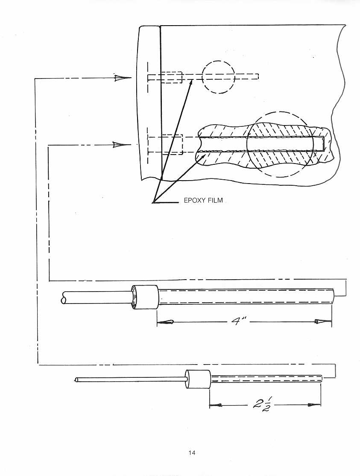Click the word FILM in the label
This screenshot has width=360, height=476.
pos(215,200)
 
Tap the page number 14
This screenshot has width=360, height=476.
pos(192,453)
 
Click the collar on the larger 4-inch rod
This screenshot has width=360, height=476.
pos(145,297)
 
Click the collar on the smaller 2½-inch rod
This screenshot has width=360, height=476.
pos(198,379)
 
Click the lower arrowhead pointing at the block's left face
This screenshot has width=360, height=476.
pos(122,144)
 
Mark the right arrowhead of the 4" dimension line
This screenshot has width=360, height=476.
pos(322,321)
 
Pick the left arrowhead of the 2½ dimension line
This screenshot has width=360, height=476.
pos(216,405)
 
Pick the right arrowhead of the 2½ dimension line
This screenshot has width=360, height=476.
pos(314,405)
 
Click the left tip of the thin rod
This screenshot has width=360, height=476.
pos(75,380)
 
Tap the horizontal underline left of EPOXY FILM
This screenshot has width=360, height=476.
pos(166,202)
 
